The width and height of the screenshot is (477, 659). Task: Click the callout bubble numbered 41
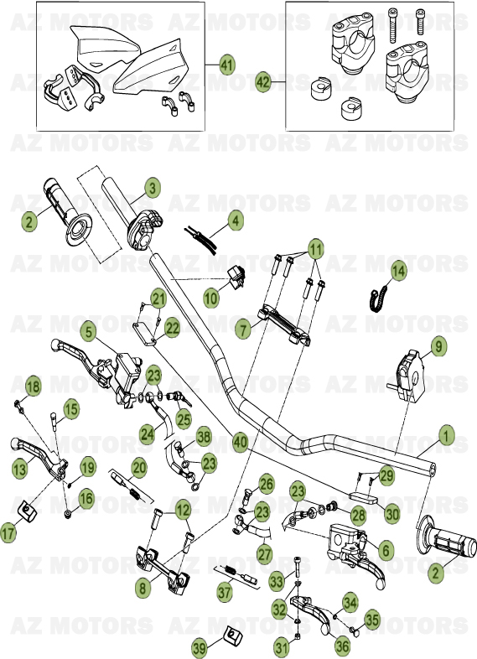pos(227,65)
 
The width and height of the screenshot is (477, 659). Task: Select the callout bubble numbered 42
pos(263,82)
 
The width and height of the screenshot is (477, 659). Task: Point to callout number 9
pos(439,345)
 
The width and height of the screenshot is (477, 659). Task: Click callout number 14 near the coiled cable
pos(398,270)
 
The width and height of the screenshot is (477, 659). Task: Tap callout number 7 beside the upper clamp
pos(242,329)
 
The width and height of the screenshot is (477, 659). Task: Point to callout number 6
pos(385,550)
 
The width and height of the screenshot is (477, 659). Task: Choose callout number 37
pos(224,592)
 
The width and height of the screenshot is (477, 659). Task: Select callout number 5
pos(88,331)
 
